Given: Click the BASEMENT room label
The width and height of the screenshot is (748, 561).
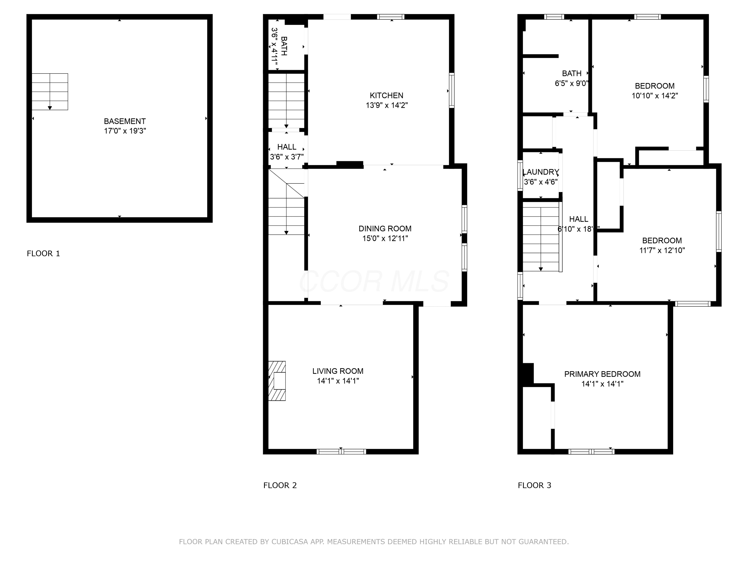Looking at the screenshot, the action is tap(125, 121).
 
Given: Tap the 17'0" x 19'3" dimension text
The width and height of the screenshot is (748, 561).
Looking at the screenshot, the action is tap(125, 131).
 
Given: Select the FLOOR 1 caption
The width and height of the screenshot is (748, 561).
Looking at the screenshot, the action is tap(43, 253).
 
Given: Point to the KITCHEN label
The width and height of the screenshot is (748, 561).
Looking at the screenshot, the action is tap(386, 95).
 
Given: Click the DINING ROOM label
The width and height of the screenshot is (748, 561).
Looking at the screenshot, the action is tap(385, 229).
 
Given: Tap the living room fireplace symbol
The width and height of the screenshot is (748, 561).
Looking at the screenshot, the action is tap(277, 381).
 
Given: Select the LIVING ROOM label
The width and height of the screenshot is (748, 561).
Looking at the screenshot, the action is tap(338, 371).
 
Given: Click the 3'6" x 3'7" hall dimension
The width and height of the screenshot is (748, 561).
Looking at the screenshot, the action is tap(287, 157).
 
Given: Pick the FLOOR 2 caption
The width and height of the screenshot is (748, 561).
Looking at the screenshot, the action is tap(280, 485).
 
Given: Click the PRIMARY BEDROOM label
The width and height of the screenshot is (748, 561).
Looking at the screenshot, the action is tap(602, 374).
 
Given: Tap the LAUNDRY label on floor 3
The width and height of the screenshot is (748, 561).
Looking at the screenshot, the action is tap(541, 172).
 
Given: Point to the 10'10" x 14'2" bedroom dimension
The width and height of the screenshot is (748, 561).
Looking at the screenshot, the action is tap(655, 96).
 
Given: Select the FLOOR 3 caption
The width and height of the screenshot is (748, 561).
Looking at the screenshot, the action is tap(535, 485).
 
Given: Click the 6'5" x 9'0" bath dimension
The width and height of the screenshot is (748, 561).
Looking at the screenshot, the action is tap(571, 83).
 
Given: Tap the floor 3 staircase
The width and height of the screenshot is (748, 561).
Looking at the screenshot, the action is tap(541, 237).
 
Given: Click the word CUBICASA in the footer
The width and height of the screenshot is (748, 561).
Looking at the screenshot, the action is tap(290, 542).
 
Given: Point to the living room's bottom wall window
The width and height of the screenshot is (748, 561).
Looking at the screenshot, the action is tap(341, 452).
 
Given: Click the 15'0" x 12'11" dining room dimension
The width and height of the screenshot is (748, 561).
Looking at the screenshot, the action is tap(385, 238).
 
